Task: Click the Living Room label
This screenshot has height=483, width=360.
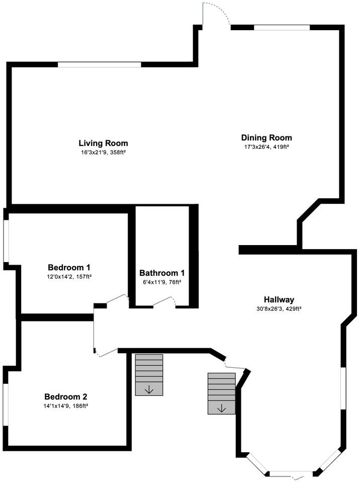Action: [103, 143]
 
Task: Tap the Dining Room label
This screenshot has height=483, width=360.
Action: [266, 137]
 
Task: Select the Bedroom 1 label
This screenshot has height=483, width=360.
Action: [69, 267]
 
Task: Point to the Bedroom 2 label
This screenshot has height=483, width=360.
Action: [66, 396]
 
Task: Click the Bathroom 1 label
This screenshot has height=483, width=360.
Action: [162, 273]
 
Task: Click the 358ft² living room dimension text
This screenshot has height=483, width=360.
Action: [103, 152]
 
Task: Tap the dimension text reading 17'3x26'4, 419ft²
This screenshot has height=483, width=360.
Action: [266, 147]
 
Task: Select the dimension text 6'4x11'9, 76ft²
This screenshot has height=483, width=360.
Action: [162, 282]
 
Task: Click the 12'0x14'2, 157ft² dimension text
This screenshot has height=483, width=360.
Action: [69, 276]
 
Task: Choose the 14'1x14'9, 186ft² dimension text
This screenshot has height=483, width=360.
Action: [66, 406]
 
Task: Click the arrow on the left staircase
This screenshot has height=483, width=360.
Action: [149, 389]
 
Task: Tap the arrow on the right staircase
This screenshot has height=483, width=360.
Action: [221, 408]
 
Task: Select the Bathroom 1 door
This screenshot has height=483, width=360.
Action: [164, 301]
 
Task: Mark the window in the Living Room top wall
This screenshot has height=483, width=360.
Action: [99, 64]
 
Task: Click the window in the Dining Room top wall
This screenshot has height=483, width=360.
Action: [281, 27]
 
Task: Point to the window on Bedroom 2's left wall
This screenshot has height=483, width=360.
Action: [6, 406]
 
